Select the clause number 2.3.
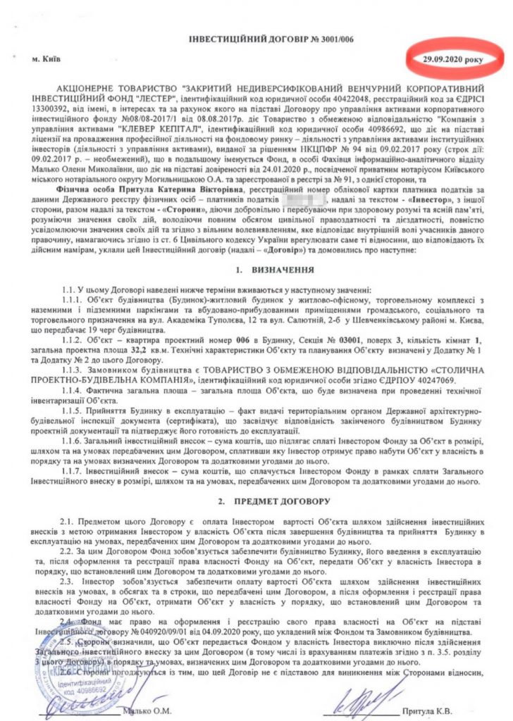66,581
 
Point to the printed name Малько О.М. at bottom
158,710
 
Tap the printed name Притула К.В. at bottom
443,710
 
